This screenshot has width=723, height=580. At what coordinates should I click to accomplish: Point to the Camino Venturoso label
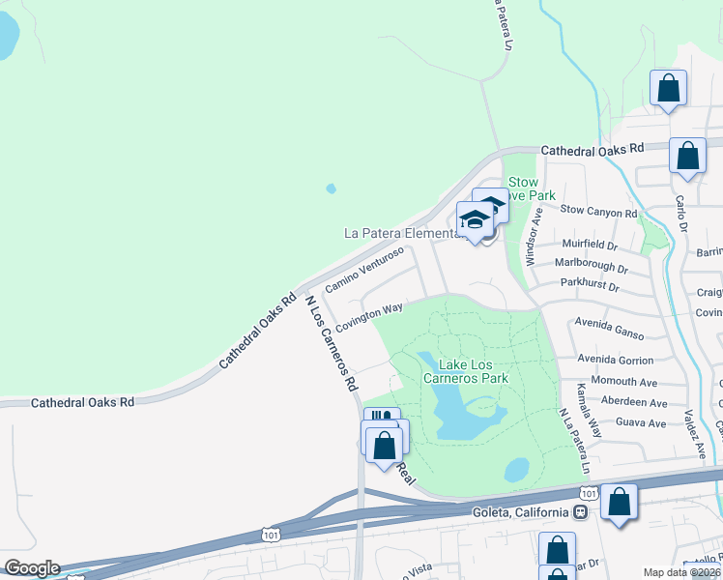(x=363, y=270)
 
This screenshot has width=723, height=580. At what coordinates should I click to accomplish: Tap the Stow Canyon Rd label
(x=599, y=211)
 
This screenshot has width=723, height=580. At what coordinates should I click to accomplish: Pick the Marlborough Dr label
(x=592, y=265)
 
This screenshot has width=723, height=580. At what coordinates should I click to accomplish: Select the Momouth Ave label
(x=624, y=382)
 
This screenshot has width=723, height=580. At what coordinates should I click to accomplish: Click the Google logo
(x=31, y=568)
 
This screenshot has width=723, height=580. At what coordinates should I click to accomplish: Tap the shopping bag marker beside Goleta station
(x=619, y=503)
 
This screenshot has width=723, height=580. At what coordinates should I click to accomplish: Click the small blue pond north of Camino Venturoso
(x=332, y=188)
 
